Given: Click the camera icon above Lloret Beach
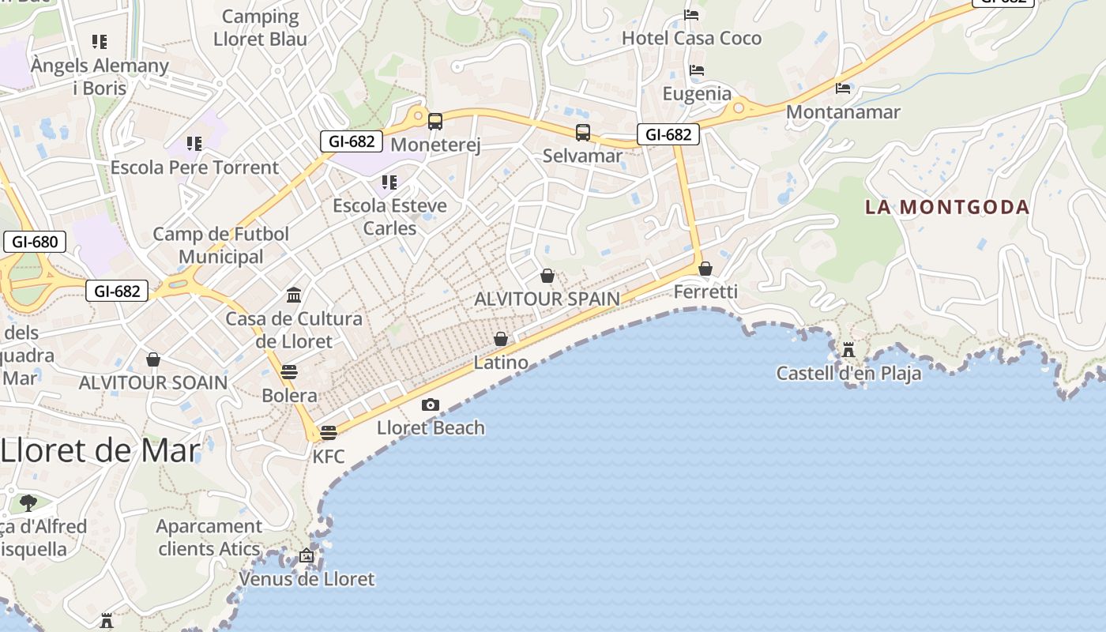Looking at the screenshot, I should pos(430,404).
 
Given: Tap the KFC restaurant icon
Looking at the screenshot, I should pos(329,432).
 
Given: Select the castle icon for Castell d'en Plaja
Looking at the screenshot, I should pos(848,349).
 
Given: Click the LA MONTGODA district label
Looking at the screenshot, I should pos(947,207).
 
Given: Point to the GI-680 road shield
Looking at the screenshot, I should pos(34,242).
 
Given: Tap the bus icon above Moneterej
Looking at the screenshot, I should pos(435,122).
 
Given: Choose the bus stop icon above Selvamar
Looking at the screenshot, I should pos(583,133).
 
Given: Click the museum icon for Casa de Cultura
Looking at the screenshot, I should pos(294,295).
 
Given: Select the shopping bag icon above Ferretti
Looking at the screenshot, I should pos(705,269).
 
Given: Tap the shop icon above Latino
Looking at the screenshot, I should pos(501,340).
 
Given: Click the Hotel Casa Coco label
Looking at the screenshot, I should pos(691,38).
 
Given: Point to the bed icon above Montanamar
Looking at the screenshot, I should pos(843,88).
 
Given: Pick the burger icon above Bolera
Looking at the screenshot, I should pos(289,372).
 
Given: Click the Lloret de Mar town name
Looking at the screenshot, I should pos(100,450).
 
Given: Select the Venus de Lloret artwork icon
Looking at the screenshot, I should pos(307,556).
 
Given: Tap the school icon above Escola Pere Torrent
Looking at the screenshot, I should pos(194,144).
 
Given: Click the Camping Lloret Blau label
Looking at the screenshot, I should pos(260,28).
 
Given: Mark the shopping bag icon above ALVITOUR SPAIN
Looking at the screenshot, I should pos(547,276).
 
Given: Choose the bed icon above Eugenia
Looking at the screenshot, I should pos(696,70).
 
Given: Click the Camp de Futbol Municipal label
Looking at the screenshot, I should pos(221,245).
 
